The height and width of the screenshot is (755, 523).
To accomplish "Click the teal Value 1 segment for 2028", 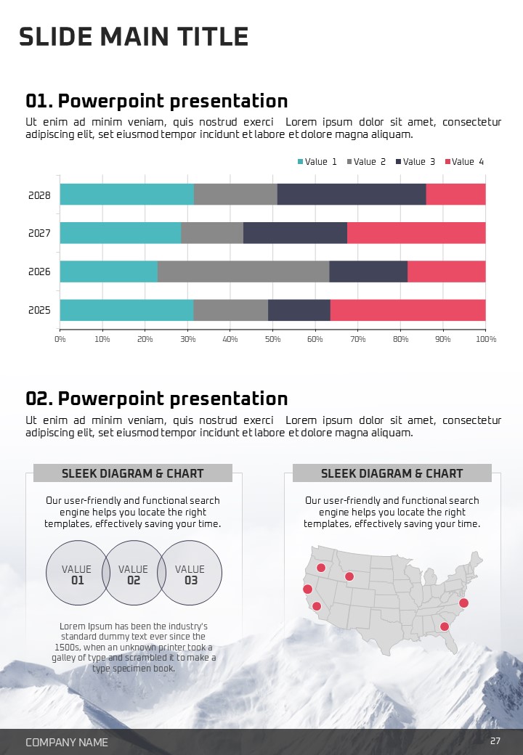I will tap(127, 195).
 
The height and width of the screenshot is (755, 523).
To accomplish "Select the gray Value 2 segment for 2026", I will tap(243, 272).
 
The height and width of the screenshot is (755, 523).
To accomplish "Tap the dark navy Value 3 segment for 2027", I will tap(295, 233).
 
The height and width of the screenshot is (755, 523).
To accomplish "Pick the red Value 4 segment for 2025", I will tap(408, 310).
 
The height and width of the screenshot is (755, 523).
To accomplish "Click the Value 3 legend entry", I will tap(415, 162).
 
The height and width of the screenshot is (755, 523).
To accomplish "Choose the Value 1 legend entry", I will tap(317, 162).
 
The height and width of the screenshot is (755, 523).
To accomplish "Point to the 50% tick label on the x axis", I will tap(273, 339).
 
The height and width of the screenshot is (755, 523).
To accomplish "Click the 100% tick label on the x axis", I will tap(486, 339).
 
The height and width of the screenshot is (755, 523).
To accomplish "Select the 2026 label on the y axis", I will tap(39, 272).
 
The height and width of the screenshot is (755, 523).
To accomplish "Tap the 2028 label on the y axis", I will tap(39, 195).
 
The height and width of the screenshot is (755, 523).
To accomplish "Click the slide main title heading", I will tap(134, 36).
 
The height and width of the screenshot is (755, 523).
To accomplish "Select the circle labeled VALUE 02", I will tap(134, 574).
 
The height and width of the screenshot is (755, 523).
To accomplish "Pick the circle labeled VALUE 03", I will tap(190, 574).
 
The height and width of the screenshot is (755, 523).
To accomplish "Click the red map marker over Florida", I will tap(445, 627).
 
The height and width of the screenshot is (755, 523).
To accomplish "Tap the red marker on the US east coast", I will tap(464, 603).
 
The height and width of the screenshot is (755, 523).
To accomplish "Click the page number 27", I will tap(495, 741).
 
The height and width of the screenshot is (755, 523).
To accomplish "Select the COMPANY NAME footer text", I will tap(67, 742).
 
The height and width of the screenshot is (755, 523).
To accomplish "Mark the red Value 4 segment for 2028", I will tap(455, 195).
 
